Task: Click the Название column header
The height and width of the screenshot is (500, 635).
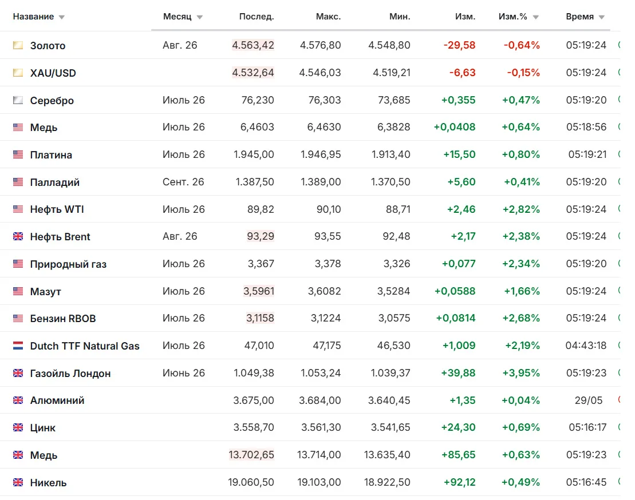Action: point(33,17)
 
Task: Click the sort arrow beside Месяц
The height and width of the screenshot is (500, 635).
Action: point(200,17)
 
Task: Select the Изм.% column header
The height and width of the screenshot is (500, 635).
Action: point(512,17)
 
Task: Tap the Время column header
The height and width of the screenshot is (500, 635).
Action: point(579,17)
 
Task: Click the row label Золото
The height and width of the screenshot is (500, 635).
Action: point(48,46)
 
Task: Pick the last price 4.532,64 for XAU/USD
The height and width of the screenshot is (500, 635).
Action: point(253,73)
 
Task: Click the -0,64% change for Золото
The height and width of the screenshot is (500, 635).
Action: point(522,45)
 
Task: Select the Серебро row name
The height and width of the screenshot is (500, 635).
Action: point(52,100)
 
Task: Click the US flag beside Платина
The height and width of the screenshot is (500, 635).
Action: point(18,154)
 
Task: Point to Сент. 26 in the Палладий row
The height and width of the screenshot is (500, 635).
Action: point(183,182)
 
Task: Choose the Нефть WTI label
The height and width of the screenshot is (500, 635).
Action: point(57,209)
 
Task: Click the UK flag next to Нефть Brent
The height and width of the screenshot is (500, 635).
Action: point(18,236)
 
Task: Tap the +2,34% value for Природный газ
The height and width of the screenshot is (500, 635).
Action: point(521,264)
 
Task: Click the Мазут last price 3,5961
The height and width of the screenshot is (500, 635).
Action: point(259,291)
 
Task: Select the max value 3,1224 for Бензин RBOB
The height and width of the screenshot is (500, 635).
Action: point(326,319)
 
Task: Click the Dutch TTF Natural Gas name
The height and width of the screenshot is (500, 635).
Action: point(85,346)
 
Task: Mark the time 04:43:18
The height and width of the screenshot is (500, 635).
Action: point(586,346)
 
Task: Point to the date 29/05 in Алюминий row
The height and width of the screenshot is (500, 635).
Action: point(589,400)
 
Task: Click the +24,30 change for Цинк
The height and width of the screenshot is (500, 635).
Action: point(458,427)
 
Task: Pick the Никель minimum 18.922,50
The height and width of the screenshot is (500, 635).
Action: point(386,482)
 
